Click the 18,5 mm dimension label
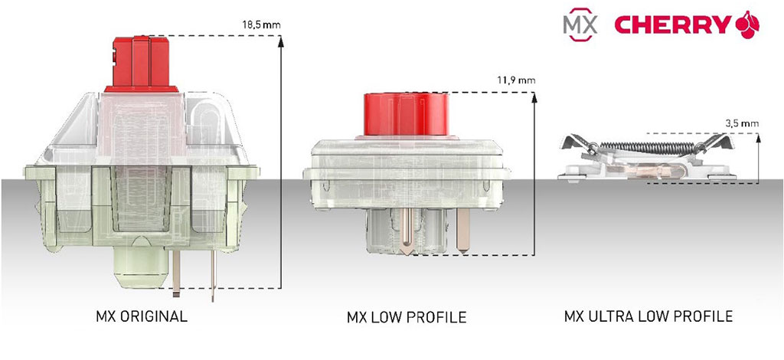(260, 24)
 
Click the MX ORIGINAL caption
(142, 316)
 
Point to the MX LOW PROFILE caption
(407, 317)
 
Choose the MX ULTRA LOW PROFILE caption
(648, 316)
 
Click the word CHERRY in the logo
(672, 24)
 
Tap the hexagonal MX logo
(580, 24)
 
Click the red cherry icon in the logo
(747, 24)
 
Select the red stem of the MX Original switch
(142, 64)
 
